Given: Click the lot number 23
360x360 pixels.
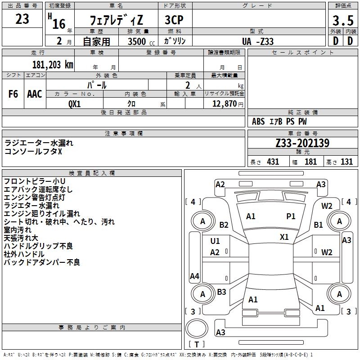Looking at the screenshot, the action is click(x=22, y=19).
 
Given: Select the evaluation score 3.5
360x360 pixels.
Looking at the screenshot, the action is click(x=342, y=21).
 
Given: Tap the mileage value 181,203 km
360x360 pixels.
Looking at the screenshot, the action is click(x=53, y=64).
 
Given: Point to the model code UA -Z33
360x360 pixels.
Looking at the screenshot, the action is click(x=257, y=41).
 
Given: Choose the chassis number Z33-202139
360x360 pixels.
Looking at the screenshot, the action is click(x=302, y=143).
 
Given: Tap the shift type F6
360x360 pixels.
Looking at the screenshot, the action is click(x=13, y=94).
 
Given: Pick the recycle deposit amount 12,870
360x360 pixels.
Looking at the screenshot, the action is click(x=224, y=103).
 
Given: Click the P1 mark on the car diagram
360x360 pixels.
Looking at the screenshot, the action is click(x=291, y=216).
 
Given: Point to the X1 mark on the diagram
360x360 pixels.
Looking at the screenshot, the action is click(x=284, y=237).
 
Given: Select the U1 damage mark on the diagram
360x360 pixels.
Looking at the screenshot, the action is click(x=215, y=241).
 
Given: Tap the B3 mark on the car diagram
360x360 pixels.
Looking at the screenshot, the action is click(x=221, y=292).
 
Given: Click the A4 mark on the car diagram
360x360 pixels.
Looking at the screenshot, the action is click(x=194, y=276).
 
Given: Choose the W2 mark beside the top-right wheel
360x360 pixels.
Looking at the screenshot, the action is click(x=327, y=206).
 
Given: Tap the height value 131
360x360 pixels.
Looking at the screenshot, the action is click(x=346, y=162).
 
